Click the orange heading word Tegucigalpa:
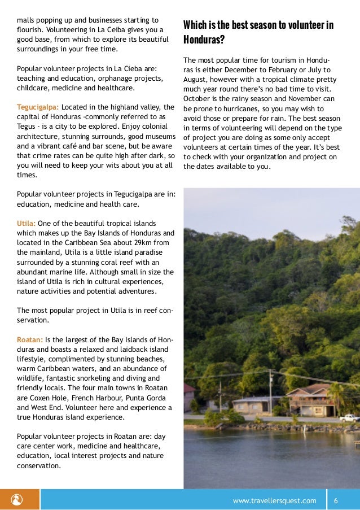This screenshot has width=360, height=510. pyautogui.click(x=38, y=107)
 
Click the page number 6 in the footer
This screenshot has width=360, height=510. pyautogui.click(x=336, y=500)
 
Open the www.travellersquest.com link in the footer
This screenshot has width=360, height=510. pyautogui.click(x=275, y=500)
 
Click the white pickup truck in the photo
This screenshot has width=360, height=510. pyautogui.click(x=349, y=417)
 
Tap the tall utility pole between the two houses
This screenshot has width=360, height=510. pyautogui.click(x=271, y=393)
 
